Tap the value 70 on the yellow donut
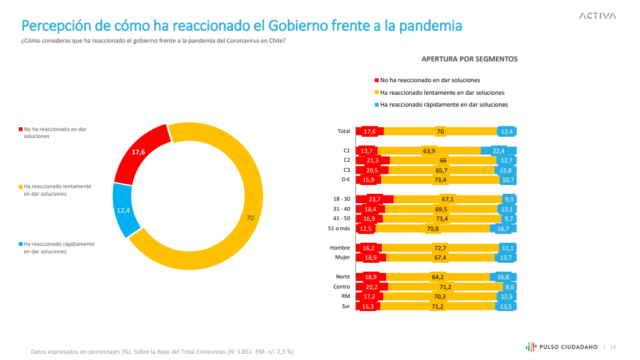[250, 218]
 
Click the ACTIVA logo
[597, 16]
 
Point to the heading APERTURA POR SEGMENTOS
[469, 59]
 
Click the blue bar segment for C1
[498, 151]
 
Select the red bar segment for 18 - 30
[374, 199]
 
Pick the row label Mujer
[342, 258]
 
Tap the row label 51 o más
[339, 229]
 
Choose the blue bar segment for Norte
[503, 277]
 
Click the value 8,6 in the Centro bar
[508, 287]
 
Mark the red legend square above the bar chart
[376, 80]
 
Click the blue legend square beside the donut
[21, 244]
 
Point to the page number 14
[613, 347]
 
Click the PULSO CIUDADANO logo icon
[530, 347]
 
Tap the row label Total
[344, 131]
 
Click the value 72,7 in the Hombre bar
[439, 248]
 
